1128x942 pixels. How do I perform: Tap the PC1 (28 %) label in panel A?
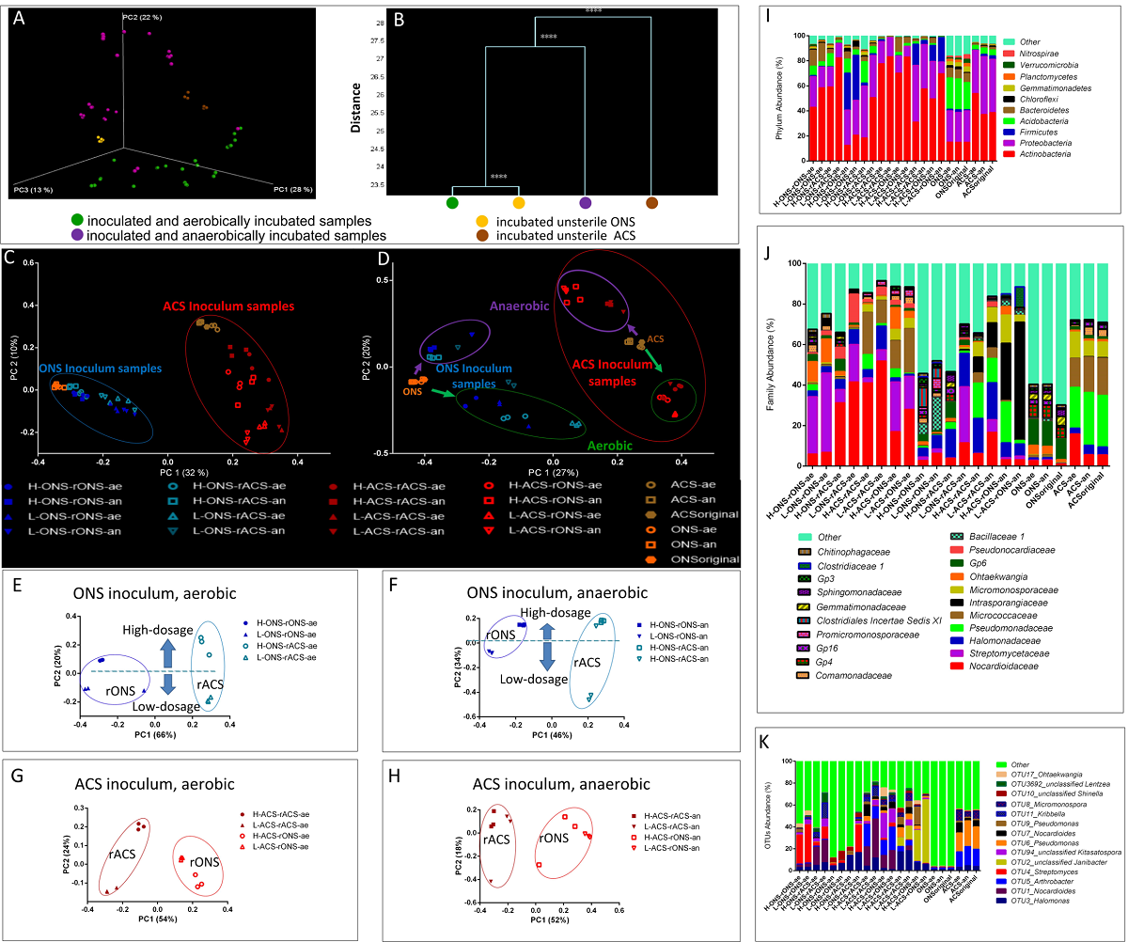point(291,190)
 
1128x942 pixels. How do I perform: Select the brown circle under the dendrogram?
point(652,202)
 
